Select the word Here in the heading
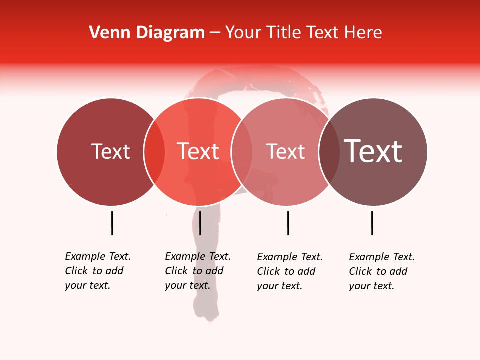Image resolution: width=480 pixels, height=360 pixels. [x=365, y=32]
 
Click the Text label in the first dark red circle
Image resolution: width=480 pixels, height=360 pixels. [x=110, y=151]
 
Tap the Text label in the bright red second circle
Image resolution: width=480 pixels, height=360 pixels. [x=198, y=151]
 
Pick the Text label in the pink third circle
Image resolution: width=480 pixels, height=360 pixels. [x=285, y=151]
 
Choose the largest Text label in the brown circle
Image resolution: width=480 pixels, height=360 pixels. [x=373, y=151]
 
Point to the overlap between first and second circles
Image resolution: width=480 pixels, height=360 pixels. [x=154, y=152]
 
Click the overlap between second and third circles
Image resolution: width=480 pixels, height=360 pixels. [x=242, y=152]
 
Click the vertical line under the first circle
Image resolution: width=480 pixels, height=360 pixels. [x=112, y=223]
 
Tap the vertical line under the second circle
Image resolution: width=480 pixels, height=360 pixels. [x=200, y=223]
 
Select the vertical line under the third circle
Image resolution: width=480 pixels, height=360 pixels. [x=288, y=223]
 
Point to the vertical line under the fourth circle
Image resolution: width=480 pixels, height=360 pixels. [x=372, y=223]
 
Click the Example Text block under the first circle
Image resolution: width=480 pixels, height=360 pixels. [x=97, y=271]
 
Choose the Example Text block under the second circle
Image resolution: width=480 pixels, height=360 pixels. [x=197, y=271]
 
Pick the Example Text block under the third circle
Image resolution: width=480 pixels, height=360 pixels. [x=289, y=271]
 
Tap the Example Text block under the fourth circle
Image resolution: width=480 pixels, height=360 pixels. [x=381, y=271]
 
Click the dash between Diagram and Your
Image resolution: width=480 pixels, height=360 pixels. [x=215, y=33]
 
